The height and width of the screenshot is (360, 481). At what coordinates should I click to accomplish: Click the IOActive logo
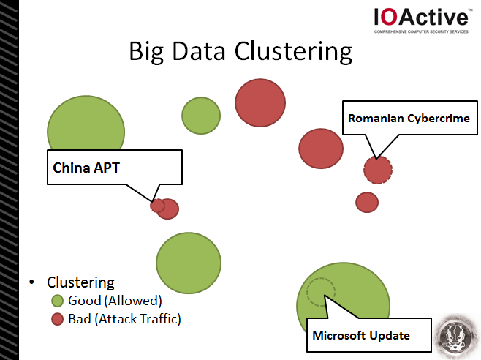pos(422,20)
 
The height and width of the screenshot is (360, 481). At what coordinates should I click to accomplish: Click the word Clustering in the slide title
pos(294,51)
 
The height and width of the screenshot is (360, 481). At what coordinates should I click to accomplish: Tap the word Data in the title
pos(199,50)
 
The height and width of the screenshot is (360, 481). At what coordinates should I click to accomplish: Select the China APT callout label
pos(86,168)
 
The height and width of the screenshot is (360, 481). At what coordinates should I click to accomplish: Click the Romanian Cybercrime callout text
pos(409,119)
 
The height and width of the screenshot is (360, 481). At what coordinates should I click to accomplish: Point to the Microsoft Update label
pos(361,335)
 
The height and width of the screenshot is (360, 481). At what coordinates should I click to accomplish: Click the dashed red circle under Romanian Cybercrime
pos(378,170)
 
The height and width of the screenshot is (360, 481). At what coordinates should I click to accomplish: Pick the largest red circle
pos(260,103)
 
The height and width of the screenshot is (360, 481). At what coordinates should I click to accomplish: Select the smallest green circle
pos(201,116)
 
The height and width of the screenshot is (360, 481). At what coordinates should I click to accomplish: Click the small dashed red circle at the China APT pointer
pos(157,206)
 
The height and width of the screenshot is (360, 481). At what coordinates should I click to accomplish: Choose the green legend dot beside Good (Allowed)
pos(57,301)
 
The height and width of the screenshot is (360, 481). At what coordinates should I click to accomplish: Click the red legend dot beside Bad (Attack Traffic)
pos(57,319)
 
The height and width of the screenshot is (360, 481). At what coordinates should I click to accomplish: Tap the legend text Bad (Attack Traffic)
pos(124,319)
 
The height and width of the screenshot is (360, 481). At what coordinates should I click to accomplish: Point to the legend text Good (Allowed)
pos(115,301)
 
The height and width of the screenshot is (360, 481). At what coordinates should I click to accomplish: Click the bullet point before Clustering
pos(31,282)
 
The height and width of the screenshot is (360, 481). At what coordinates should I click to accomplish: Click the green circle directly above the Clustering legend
pos(189,263)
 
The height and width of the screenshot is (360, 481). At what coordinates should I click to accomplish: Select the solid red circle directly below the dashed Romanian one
pos(367,203)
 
